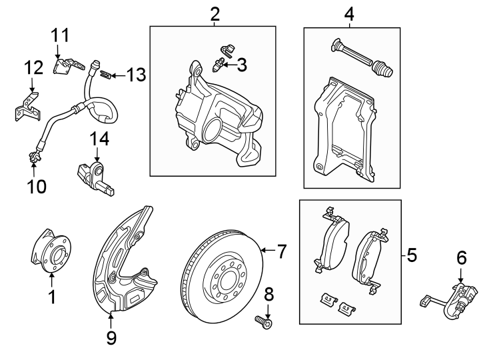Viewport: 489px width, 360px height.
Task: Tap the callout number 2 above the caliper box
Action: click(x=214, y=13)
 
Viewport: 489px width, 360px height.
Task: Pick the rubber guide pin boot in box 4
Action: click(x=382, y=69)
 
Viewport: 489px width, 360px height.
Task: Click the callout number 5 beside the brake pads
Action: click(x=411, y=254)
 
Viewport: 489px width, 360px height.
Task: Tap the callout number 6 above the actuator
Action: click(x=461, y=257)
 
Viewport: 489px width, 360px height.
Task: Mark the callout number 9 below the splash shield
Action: click(x=111, y=339)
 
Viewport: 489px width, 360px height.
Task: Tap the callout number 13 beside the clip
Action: click(x=135, y=75)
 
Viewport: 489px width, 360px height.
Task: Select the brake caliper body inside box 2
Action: click(x=213, y=113)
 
